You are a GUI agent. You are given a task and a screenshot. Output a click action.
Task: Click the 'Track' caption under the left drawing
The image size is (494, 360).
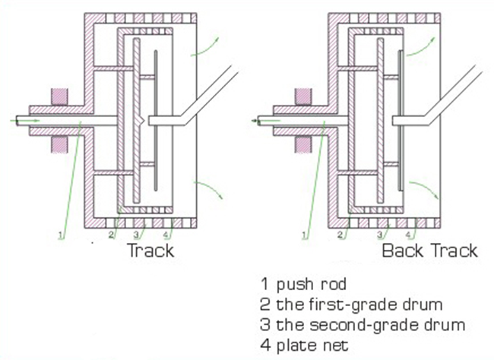150,250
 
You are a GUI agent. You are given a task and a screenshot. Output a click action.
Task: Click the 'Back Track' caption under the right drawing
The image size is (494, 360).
429,250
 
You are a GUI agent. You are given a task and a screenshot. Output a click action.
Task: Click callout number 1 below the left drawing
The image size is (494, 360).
59,235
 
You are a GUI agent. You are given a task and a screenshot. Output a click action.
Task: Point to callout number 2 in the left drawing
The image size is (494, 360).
112,235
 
